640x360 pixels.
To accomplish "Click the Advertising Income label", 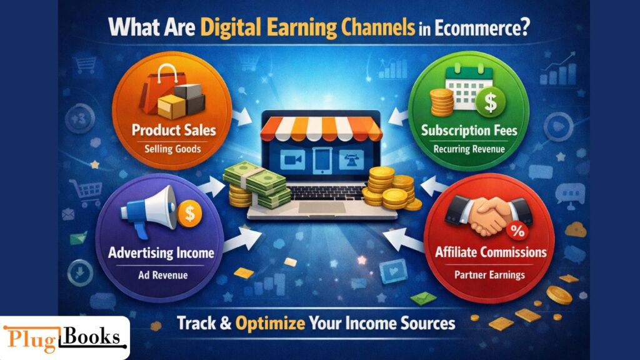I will [x=161, y=253].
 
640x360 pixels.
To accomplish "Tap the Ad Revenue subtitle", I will [x=161, y=274].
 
